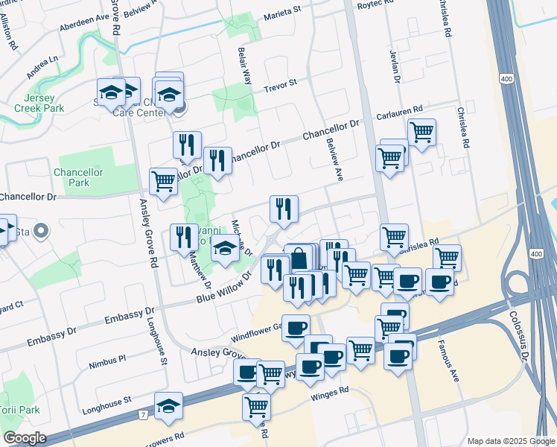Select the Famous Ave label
[452, 365]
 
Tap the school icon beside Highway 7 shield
[169, 405]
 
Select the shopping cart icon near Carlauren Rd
[421, 132]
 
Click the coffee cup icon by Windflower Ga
[296, 326]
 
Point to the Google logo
[25, 438]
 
